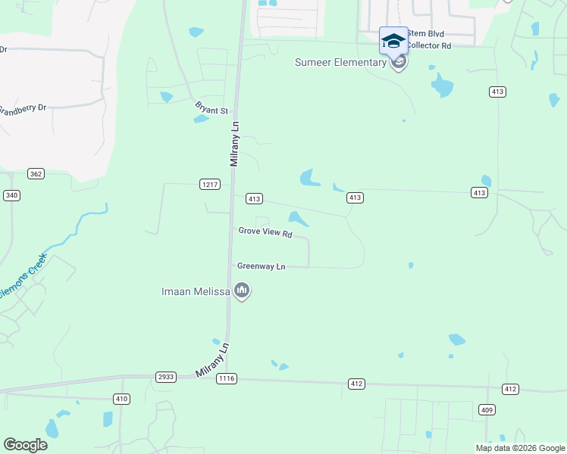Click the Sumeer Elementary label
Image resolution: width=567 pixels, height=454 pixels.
click(x=340, y=62)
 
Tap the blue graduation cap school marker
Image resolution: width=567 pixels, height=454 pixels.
click(x=393, y=41)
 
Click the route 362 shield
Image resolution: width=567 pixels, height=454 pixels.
click(x=36, y=173)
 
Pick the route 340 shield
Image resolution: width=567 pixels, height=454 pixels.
click(x=11, y=195)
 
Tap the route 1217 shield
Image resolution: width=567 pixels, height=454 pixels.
click(x=210, y=184)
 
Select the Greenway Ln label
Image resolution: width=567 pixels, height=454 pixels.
click(x=262, y=266)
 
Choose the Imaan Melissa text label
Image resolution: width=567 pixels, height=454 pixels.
click(x=196, y=291)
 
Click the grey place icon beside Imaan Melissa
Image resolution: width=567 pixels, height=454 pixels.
click(x=242, y=291)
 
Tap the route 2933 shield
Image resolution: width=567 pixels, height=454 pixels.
click(x=165, y=376)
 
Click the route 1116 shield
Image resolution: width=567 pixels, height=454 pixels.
click(x=226, y=378)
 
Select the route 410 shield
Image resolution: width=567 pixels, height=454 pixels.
click(x=121, y=398)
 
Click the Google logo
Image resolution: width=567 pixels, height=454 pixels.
click(x=25, y=445)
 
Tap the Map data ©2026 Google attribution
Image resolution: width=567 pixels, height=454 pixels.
click(x=520, y=447)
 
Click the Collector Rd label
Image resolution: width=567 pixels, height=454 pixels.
click(x=429, y=45)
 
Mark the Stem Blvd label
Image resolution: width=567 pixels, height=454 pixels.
click(x=426, y=33)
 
